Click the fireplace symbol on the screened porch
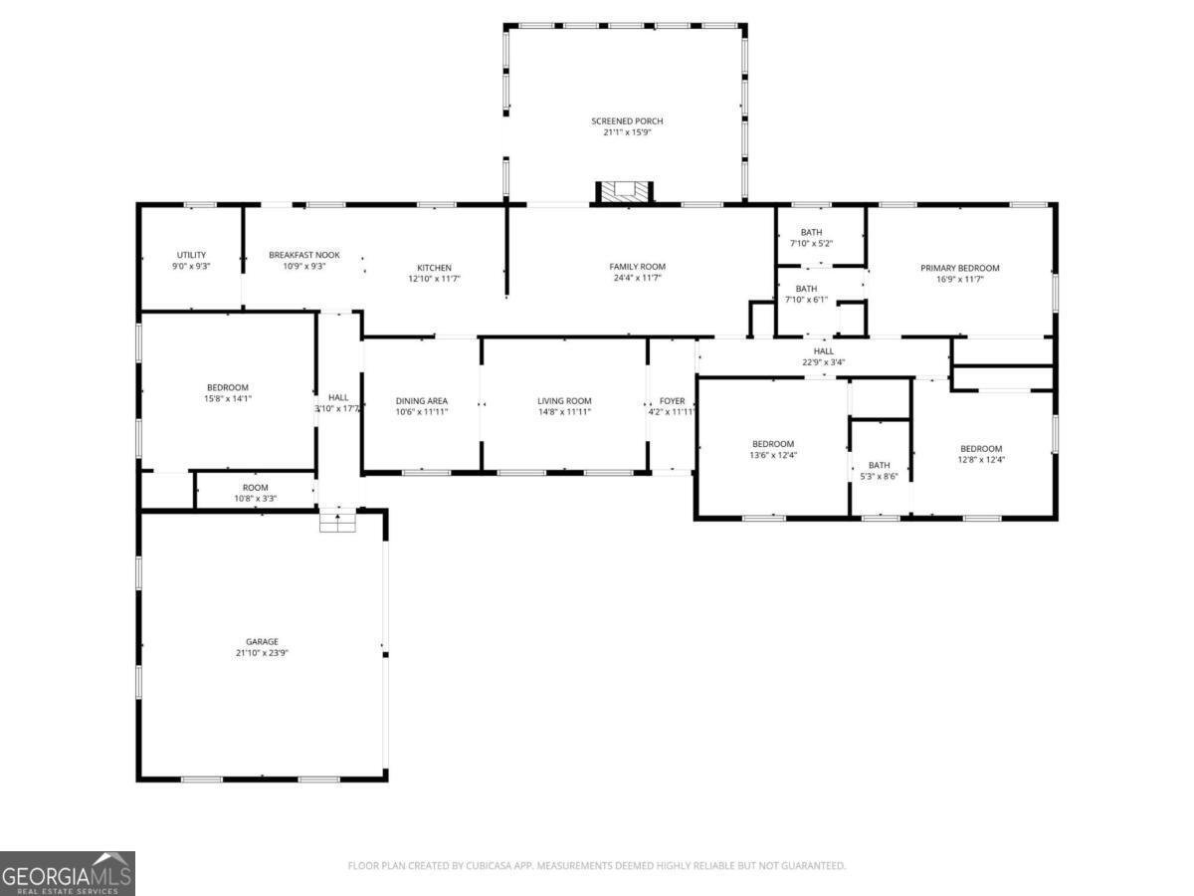624,192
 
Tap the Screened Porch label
627,120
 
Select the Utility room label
191,255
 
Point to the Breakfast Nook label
304,255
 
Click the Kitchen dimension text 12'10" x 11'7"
434,279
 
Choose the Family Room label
637,267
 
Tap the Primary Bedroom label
959,268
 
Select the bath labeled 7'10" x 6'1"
806,294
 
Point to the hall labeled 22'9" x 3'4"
824,356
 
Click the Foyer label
672,401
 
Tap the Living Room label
564,401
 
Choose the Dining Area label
422,401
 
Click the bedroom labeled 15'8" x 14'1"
228,393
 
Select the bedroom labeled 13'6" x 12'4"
773,449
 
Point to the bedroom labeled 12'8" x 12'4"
981,454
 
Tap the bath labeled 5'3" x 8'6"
879,471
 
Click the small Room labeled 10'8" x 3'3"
255,493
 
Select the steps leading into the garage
337,520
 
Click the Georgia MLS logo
67,873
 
